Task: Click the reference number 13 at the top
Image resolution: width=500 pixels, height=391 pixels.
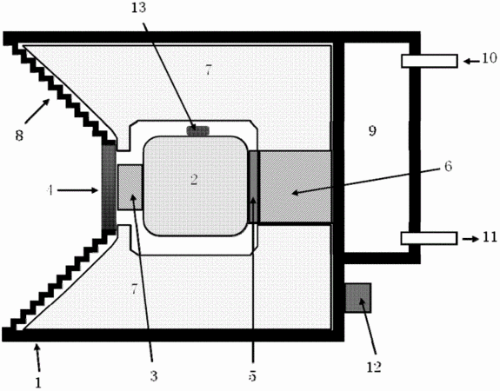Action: pyautogui.click(x=139, y=8)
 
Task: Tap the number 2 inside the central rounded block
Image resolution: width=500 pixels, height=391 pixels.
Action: pyautogui.click(x=194, y=180)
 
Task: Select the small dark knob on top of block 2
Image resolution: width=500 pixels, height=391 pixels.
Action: pyautogui.click(x=197, y=130)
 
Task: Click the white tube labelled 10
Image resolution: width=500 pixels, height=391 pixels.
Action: pyautogui.click(x=430, y=61)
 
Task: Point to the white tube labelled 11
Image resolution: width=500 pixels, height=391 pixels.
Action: pyautogui.click(x=430, y=238)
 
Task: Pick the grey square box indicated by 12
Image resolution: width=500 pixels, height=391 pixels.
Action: pyautogui.click(x=358, y=298)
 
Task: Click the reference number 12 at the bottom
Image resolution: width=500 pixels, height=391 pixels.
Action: pyautogui.click(x=374, y=368)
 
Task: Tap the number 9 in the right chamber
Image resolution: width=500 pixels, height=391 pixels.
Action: pyautogui.click(x=372, y=130)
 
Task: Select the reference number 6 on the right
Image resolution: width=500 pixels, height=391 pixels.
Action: pyautogui.click(x=448, y=166)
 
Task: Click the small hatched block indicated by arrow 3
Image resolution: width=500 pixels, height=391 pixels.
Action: pyautogui.click(x=130, y=187)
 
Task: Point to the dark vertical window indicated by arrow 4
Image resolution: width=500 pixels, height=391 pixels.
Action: pyautogui.click(x=109, y=187)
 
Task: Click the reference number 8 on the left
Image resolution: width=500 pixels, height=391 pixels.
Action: pyautogui.click(x=19, y=136)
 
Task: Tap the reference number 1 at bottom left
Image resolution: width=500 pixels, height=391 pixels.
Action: pyautogui.click(x=38, y=382)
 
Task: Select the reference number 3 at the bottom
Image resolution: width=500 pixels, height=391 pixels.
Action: pyautogui.click(x=154, y=376)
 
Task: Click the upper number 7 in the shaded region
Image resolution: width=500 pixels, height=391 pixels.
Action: pyautogui.click(x=208, y=70)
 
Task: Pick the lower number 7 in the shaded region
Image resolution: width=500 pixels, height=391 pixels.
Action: pyautogui.click(x=134, y=289)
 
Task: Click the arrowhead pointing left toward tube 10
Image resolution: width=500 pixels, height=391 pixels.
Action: pyautogui.click(x=466, y=61)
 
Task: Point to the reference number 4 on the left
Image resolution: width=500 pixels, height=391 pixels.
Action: pyautogui.click(x=50, y=190)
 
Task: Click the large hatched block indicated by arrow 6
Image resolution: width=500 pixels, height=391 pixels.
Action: pyautogui.click(x=296, y=187)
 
